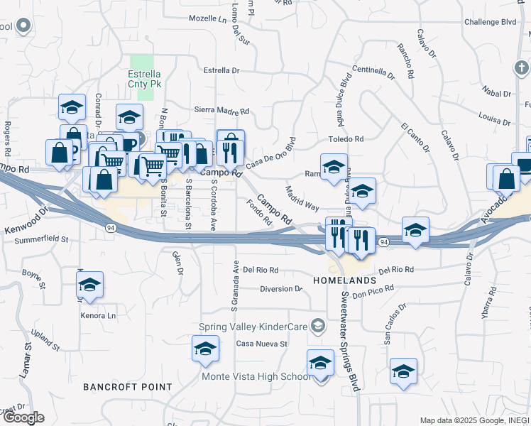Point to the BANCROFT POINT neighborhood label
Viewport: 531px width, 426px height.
point(127,387)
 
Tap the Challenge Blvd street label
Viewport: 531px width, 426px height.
point(490,22)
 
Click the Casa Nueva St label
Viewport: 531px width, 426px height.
point(261,344)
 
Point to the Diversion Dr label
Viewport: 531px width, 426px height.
point(281,289)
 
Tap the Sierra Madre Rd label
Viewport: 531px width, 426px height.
point(221,111)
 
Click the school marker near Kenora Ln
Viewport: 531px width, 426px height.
point(89,285)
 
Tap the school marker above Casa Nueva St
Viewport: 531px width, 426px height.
point(205,349)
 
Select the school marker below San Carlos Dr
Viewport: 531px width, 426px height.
point(403,371)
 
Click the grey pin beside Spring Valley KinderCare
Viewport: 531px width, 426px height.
point(319,327)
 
